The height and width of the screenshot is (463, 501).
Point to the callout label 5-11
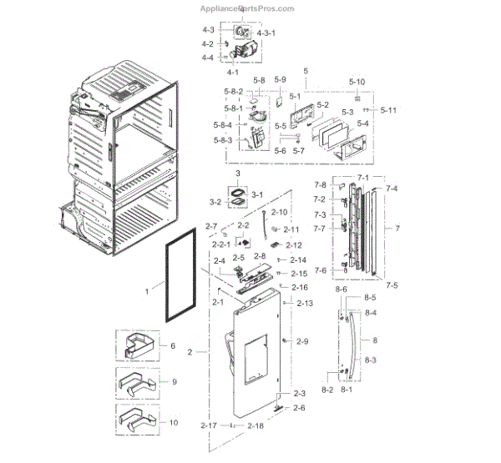388,110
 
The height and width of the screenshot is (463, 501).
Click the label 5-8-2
234,91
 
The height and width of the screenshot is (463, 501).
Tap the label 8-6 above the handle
341,289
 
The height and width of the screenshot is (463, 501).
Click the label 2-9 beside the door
301,341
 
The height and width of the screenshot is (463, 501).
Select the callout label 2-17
209,425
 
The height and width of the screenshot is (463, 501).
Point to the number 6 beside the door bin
172,345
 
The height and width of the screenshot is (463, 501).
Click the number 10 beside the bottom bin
174,423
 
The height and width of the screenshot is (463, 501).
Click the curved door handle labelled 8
358,342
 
